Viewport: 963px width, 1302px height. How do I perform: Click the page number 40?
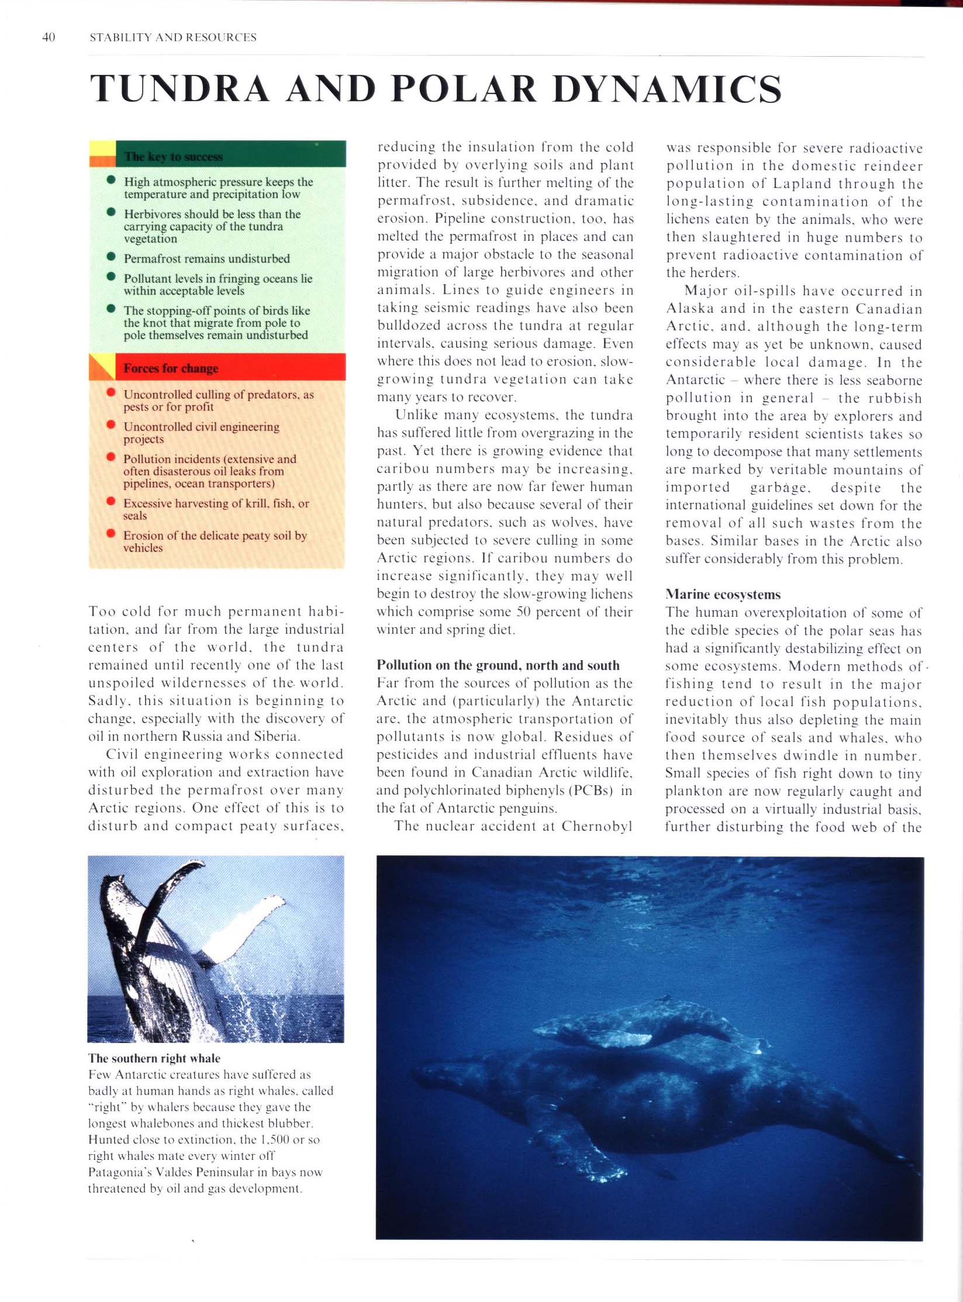49,37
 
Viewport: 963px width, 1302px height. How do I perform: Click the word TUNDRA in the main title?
180,89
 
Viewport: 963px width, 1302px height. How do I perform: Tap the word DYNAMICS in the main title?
667,89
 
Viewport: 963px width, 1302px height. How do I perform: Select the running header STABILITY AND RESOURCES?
173,37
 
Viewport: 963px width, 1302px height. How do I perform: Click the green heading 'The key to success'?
173,157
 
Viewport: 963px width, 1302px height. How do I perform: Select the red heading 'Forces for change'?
171,368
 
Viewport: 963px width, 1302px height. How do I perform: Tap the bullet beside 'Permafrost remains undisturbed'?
111,257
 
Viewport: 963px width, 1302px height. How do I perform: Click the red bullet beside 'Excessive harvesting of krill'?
111,501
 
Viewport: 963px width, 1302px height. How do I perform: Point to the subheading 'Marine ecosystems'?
723,595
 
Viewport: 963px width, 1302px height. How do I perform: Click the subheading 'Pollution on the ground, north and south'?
498,665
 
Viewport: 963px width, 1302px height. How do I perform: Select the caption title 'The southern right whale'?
154,1058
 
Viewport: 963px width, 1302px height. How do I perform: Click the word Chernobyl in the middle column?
597,826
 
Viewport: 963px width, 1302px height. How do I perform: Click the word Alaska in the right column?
690,309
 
